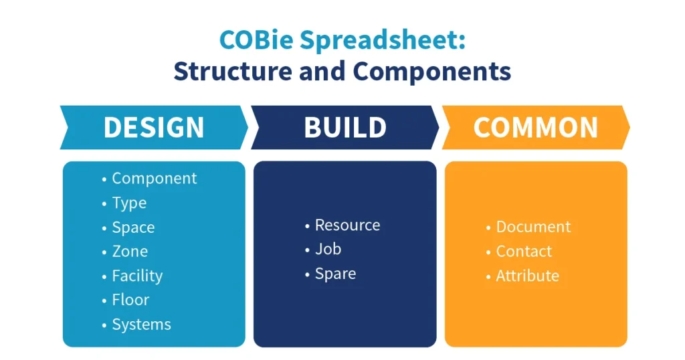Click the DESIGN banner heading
154,127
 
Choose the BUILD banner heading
345,127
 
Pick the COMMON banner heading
535,127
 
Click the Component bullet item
154,179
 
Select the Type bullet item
129,203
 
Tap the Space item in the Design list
133,228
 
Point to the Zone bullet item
130,252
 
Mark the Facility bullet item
137,276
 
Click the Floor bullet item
130,300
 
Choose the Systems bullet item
141,325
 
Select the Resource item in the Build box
347,225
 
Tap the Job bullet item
328,249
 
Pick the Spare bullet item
335,274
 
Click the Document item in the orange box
533,227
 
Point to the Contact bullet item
524,252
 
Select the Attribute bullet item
527,276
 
